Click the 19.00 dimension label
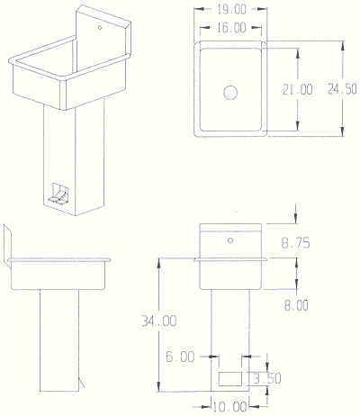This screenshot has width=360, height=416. [231, 10]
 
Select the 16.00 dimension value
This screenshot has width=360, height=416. [231, 28]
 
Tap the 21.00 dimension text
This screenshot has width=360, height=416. [298, 89]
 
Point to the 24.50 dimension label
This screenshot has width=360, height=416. [342, 89]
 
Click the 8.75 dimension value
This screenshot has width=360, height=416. [295, 243]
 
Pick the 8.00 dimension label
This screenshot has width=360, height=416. [296, 305]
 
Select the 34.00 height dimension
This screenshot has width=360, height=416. [159, 321]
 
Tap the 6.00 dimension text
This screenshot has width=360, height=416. [180, 357]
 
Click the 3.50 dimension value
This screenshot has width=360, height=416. [267, 378]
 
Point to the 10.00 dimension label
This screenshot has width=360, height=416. [230, 407]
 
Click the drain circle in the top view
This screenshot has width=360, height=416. [230, 93]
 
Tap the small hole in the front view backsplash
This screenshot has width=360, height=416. [230, 240]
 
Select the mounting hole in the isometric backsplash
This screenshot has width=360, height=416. [100, 28]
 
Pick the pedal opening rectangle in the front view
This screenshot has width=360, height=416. [230, 379]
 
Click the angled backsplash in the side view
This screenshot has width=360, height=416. [7, 246]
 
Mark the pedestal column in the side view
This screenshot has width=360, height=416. [59, 340]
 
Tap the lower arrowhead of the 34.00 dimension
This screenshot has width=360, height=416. [158, 386]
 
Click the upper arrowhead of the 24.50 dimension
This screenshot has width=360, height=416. [342, 46]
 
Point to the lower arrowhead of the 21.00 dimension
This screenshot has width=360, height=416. [298, 126]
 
